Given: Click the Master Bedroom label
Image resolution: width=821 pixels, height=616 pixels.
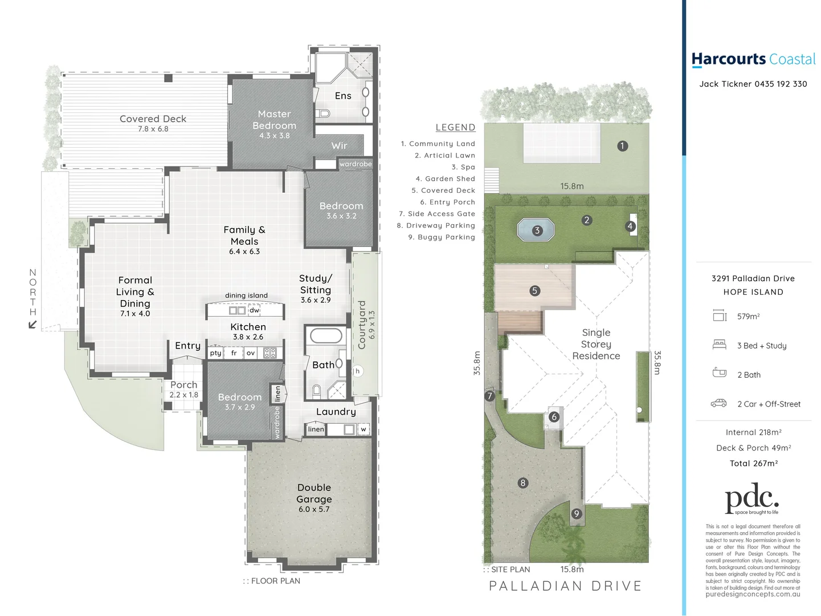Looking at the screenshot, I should point(274,120).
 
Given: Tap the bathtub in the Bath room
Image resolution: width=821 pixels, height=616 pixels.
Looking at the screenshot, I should point(326,335).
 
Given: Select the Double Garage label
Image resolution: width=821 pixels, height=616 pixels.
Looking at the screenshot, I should point(314,493).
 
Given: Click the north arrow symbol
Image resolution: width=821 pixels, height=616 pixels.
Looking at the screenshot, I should point(32,325).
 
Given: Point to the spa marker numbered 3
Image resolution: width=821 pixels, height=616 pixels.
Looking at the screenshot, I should point(537,230).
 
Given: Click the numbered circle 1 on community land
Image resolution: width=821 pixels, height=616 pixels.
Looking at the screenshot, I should point(622,146).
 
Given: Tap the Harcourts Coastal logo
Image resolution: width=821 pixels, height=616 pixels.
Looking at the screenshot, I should point(753,59).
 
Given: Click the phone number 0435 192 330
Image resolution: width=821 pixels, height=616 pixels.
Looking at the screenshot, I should point(781,84).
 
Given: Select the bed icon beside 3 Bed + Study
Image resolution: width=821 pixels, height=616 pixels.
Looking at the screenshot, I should point(720,345).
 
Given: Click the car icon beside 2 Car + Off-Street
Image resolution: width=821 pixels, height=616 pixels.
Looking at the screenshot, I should point(719,403).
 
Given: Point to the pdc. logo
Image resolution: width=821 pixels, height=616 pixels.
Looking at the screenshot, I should point(751,499).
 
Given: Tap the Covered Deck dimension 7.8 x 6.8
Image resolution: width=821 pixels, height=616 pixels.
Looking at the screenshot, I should point(153,129).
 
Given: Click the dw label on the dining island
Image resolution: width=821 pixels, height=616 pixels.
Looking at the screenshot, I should point(254,310).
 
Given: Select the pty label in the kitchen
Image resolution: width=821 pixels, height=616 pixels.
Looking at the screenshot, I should point(215,353).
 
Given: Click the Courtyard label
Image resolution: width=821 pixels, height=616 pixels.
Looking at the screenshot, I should point(362,325).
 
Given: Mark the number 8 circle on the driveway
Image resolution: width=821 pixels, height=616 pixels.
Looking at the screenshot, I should point(523,483).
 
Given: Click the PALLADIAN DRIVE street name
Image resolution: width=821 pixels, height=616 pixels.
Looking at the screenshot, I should point(565,586).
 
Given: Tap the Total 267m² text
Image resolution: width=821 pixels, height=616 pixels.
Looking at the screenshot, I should point(753,463).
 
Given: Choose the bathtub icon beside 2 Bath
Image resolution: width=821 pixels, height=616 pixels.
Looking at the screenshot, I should point(720,373).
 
